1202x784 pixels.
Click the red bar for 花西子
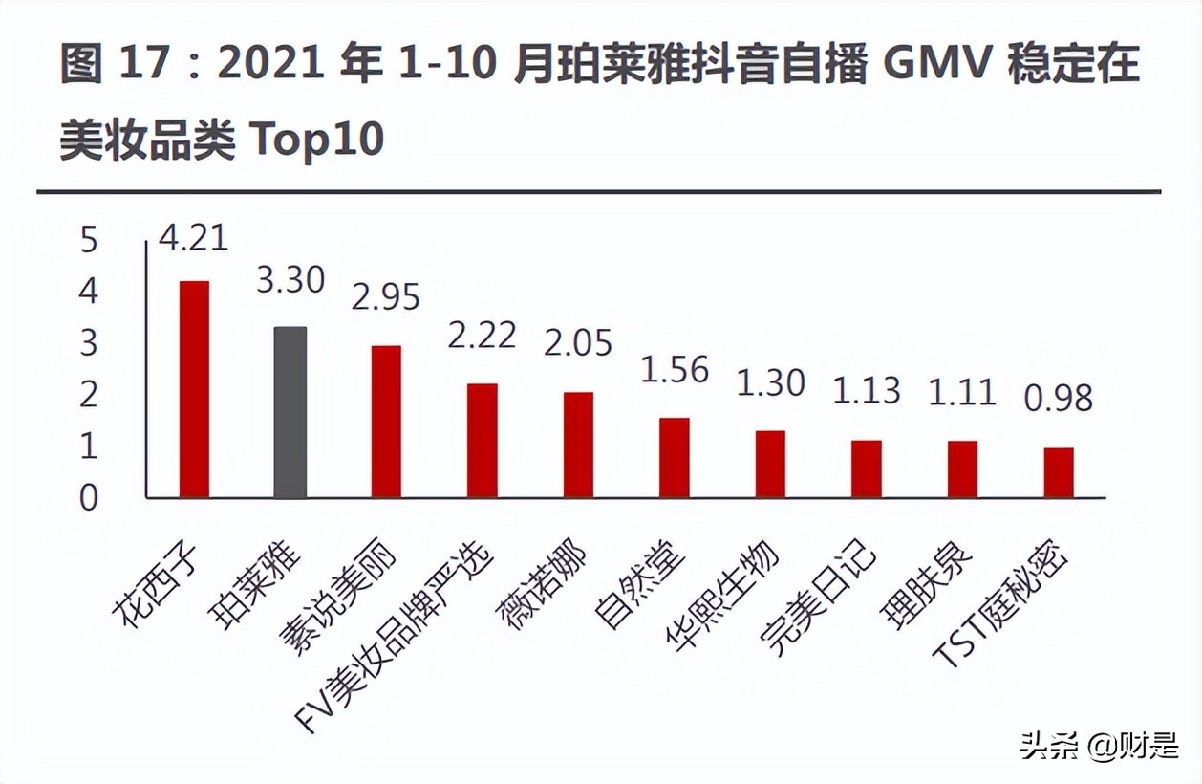(x=194, y=389)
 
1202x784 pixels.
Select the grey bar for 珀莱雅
(x=290, y=412)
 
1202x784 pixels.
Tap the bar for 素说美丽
(x=386, y=422)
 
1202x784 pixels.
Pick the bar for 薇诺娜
(x=578, y=445)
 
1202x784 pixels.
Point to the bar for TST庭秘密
(x=1059, y=472)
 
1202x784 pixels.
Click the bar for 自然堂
(x=675, y=458)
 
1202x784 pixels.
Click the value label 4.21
(x=194, y=236)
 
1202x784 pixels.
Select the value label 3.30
(x=290, y=280)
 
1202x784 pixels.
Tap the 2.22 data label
(x=483, y=335)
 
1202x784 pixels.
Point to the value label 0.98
(x=1059, y=398)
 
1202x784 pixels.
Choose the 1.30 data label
(x=771, y=382)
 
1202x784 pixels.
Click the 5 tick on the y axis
(x=89, y=239)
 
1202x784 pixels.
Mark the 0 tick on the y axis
(x=89, y=497)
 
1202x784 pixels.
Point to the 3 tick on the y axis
(x=89, y=342)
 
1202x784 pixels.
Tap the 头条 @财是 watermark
(x=1098, y=745)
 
